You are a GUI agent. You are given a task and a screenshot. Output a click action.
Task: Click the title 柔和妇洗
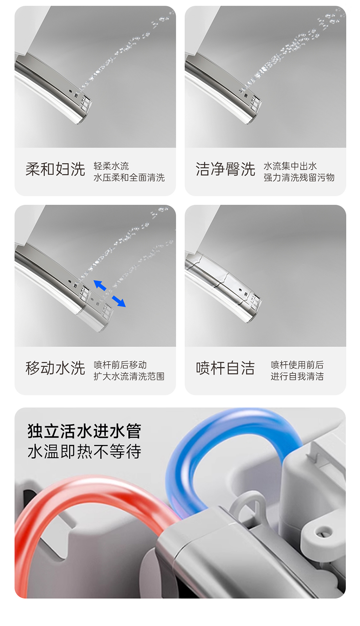pyautogui.click(x=55, y=169)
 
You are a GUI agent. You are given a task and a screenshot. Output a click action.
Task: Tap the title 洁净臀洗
pyautogui.click(x=225, y=169)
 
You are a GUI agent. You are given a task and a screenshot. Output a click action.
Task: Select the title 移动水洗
pyautogui.click(x=55, y=368)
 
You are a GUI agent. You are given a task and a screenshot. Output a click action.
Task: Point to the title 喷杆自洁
pyautogui.click(x=225, y=368)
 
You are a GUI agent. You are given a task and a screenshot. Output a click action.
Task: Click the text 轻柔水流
pyautogui.click(x=111, y=166)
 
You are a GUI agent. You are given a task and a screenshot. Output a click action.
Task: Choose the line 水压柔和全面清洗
pyautogui.click(x=129, y=178)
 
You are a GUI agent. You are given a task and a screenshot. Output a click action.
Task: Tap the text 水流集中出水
pyautogui.click(x=290, y=166)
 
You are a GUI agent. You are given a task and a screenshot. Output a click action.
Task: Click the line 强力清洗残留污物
pyautogui.click(x=299, y=178)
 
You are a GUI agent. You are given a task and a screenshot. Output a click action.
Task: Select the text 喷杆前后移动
pyautogui.click(x=120, y=365)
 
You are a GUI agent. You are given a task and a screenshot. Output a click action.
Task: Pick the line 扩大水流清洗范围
pyautogui.click(x=129, y=377)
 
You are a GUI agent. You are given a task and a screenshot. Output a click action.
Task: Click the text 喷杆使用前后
pyautogui.click(x=297, y=365)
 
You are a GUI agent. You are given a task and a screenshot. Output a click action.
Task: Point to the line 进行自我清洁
pyautogui.click(x=297, y=377)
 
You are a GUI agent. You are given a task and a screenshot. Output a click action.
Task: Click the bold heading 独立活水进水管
pyautogui.click(x=84, y=431)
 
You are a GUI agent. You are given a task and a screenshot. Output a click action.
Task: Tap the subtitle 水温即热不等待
pyautogui.click(x=84, y=451)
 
